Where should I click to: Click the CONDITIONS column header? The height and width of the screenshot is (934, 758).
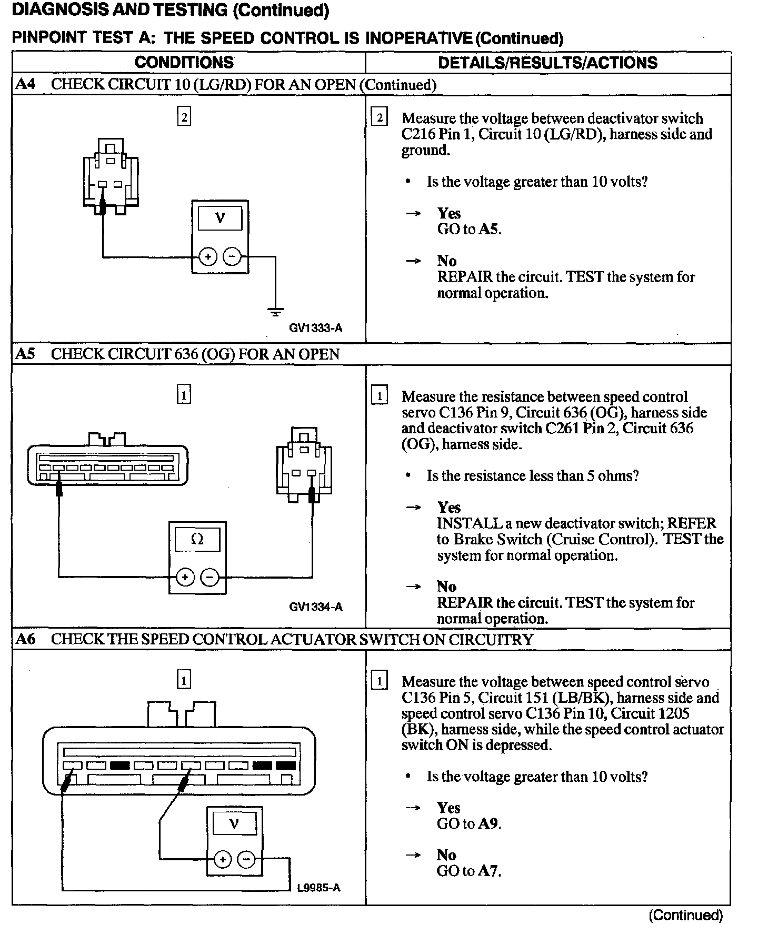point(184,62)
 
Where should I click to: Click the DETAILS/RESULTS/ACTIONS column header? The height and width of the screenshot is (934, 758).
point(547,63)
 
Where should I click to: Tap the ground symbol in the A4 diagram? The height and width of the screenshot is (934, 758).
point(275,312)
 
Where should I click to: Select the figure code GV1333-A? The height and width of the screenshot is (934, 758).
point(315,328)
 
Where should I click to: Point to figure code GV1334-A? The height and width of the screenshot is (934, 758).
point(315,607)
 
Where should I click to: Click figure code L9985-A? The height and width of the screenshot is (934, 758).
point(318,888)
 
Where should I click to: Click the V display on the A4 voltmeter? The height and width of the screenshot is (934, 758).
point(220,217)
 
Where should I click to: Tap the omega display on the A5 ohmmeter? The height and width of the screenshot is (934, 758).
point(197,539)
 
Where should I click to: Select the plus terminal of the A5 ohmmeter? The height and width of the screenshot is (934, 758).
point(185,578)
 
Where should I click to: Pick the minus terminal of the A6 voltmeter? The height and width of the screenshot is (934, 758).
point(246,860)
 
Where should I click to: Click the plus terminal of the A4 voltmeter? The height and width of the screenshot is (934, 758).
point(208,257)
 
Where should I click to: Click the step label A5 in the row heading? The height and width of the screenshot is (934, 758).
point(25,354)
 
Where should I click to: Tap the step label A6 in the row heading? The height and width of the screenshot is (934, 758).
point(25,639)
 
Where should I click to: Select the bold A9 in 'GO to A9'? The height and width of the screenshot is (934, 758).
point(489,823)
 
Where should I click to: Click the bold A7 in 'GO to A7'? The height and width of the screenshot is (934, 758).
point(489,871)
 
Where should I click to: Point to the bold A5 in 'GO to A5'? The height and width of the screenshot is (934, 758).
point(489,229)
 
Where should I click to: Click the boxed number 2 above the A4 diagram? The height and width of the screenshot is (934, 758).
point(184,117)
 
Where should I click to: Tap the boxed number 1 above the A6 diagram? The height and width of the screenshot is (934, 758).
point(184,681)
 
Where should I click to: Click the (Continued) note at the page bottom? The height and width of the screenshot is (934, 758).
point(685,915)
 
